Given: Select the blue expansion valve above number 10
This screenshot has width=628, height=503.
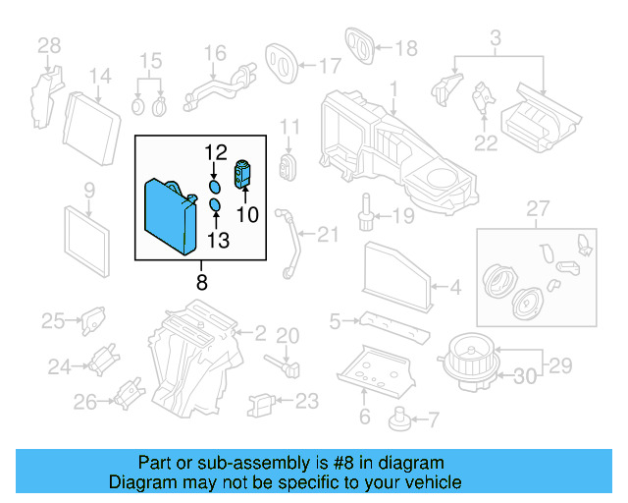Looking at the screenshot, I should click(x=243, y=176).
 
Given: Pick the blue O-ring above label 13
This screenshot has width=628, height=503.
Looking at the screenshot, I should click(x=214, y=206).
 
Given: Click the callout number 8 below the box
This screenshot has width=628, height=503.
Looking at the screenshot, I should click(x=201, y=283).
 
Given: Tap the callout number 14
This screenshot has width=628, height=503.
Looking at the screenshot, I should click(x=101, y=76).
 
